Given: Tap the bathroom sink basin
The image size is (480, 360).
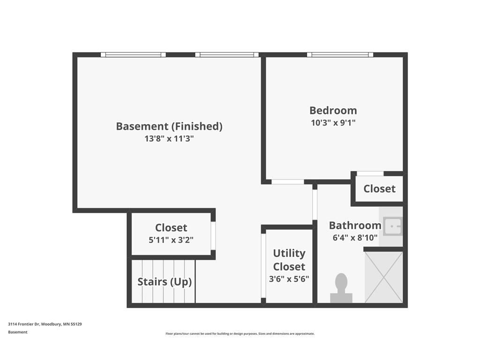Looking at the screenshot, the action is click(392, 226).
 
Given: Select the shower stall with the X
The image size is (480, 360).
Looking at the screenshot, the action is click(383, 277).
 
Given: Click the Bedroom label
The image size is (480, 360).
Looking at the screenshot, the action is click(333, 110).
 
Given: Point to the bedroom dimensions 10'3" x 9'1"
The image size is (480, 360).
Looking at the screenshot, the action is click(333, 123).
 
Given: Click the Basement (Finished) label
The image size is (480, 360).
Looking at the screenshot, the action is click(169, 126).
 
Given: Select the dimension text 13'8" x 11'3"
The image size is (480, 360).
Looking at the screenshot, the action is click(169, 139).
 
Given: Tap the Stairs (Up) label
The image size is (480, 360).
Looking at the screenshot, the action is click(165, 282).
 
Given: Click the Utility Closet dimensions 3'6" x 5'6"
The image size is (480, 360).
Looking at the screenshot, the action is click(289, 279).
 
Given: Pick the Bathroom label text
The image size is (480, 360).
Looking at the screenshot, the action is click(355, 225).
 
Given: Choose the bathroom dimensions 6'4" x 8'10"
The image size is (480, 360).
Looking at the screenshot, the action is click(355, 238).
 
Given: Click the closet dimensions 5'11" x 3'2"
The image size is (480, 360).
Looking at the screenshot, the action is click(171, 240).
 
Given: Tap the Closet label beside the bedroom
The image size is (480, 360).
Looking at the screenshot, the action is click(380, 188).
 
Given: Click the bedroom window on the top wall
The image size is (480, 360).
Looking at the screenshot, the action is click(340, 55).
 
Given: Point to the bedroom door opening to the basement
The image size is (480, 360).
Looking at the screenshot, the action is click(288, 182).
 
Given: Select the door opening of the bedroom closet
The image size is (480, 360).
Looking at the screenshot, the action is click(370, 173).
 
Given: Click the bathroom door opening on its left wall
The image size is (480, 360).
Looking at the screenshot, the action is click(315, 204).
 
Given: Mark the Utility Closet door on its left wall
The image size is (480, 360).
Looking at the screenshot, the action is click(263, 266).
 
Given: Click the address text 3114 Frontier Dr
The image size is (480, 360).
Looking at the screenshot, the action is click(24, 324).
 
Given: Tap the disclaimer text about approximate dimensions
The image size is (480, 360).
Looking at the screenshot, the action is click(240, 334).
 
